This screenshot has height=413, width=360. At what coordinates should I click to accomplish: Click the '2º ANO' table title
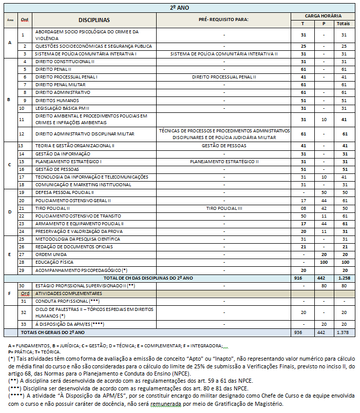coord(179,8)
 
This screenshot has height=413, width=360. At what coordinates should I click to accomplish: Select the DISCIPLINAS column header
coord(94,19)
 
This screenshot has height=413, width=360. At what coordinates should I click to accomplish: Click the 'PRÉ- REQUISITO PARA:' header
coord(223,19)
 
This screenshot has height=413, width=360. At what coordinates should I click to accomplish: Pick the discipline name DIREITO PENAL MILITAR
coord(60,84)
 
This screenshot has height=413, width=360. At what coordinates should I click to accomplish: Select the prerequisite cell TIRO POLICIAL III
coord(224,208)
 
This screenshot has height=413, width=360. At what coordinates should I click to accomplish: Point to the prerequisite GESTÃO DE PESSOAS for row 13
coord(224,146)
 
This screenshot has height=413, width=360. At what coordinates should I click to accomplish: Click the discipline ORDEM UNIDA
coord(50,254)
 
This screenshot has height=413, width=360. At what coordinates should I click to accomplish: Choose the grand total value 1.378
coord(343,332)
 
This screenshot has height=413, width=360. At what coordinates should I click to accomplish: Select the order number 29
coord(22,269)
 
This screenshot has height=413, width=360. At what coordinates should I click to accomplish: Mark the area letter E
coord(10,254)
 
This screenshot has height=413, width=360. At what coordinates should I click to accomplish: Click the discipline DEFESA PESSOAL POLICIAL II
coord(64,192)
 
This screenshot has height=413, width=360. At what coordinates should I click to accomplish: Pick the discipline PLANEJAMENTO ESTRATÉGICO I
coord(68,161)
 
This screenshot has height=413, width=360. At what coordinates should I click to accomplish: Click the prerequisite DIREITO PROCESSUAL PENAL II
coord(224,76)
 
